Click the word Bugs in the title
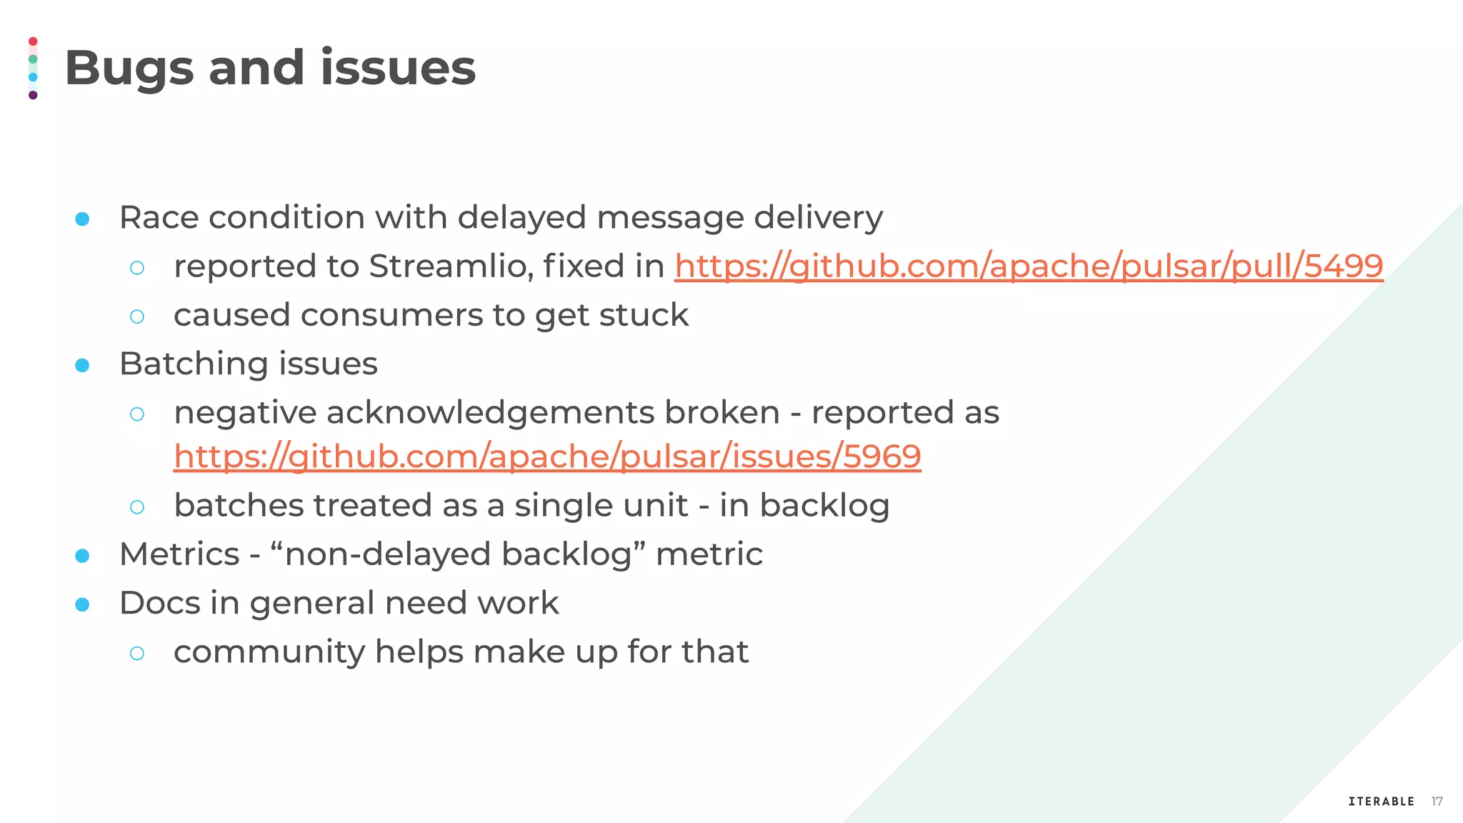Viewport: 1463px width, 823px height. (x=129, y=69)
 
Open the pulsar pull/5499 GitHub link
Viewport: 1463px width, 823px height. (x=1028, y=266)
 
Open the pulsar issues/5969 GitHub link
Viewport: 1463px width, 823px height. (x=547, y=457)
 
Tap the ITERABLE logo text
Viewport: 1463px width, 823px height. (x=1381, y=802)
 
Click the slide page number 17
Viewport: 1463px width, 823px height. (x=1437, y=802)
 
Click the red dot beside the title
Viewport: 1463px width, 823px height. (x=33, y=41)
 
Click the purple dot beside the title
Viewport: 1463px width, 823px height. (x=33, y=95)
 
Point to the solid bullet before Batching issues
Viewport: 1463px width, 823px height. (x=82, y=365)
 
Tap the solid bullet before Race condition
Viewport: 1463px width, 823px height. (x=82, y=219)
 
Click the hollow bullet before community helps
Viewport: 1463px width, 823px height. (x=137, y=653)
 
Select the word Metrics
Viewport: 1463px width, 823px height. (x=179, y=554)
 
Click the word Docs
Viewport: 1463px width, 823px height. (x=160, y=603)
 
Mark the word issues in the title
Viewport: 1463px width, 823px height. (x=397, y=69)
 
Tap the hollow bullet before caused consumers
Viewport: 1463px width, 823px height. (x=137, y=316)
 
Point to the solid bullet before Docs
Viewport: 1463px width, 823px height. (x=82, y=605)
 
